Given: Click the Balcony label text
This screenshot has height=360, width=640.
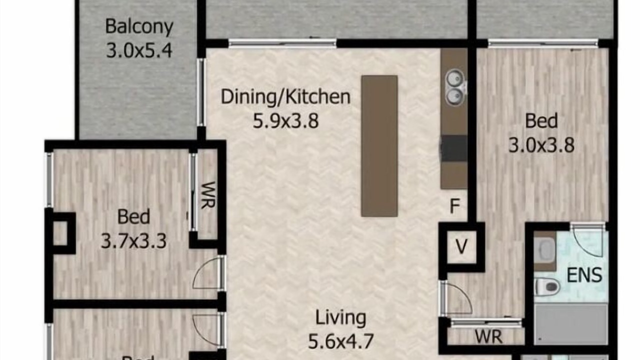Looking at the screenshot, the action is click(x=139, y=27).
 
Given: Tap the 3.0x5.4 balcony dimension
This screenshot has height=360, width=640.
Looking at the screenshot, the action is click(x=139, y=50).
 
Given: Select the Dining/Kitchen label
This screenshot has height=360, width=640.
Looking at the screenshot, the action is click(x=285, y=97).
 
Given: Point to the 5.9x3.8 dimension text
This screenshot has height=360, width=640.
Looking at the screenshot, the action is click(x=285, y=120).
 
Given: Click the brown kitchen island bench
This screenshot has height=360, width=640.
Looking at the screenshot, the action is click(x=379, y=146).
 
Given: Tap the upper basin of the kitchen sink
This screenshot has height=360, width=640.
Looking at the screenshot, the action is click(x=454, y=78).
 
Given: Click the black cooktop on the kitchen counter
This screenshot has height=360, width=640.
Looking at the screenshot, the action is click(x=454, y=148).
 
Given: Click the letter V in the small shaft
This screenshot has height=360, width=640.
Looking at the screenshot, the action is click(x=461, y=246).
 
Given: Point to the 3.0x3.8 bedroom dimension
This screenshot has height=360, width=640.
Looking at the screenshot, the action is click(x=541, y=145).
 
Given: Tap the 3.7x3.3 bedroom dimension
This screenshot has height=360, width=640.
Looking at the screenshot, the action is click(x=133, y=241).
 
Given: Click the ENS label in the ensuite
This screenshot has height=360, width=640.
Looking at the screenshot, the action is click(x=584, y=275).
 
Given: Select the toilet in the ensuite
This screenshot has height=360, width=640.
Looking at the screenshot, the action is click(x=547, y=286).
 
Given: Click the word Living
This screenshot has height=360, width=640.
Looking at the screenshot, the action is click(x=340, y=317).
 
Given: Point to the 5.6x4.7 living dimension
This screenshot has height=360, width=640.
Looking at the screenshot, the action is click(x=340, y=341).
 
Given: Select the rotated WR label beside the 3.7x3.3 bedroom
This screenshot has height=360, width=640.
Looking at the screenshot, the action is click(x=208, y=195).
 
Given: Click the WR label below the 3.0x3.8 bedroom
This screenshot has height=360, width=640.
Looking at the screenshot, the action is click(x=489, y=337).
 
